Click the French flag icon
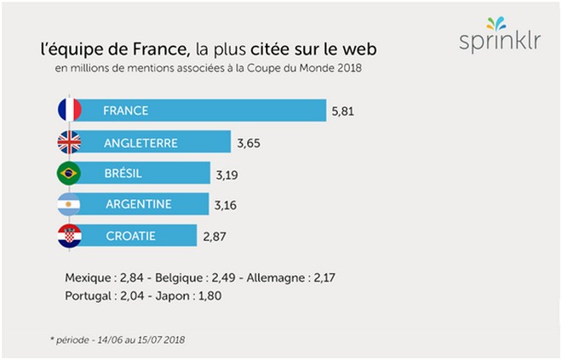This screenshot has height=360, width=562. pos(69,110)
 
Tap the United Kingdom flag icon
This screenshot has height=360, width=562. pos(69,142)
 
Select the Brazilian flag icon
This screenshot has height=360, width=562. pos(69,174)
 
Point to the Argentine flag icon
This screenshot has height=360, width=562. pos(69,204)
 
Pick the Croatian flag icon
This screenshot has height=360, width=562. pos(69,236)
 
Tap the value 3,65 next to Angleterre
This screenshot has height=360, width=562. pos(249,142)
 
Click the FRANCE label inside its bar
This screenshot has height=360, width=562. pos(125,111)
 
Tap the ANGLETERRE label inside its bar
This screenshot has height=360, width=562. pos(141,142)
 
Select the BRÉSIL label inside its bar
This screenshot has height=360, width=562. pos(123,174)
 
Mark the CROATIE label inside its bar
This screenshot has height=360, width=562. pos(131,236)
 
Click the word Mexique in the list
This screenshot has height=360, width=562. pos(88,277)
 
